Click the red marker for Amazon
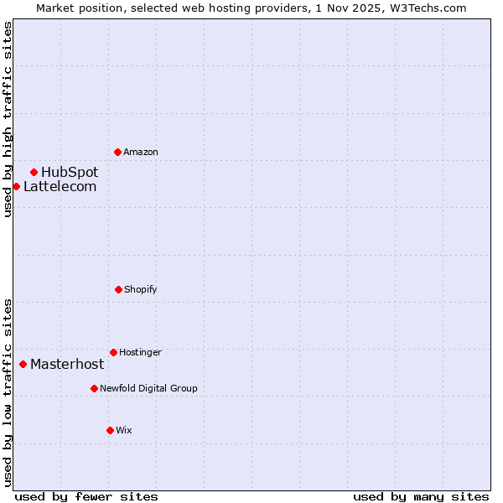pyautogui.click(x=117, y=152)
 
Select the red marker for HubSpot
pyautogui.click(x=34, y=172)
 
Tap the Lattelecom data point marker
pyautogui.click(x=16, y=186)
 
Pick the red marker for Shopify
pyautogui.click(x=118, y=289)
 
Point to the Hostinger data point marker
pyautogui.click(x=113, y=352)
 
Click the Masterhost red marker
pyautogui.click(x=23, y=364)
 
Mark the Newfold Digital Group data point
pyautogui.click(x=94, y=388)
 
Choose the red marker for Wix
pyautogui.click(x=110, y=430)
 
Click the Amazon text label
pyautogui.click(x=141, y=152)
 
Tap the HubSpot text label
pyautogui.click(x=70, y=172)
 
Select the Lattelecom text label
pyautogui.click(x=60, y=186)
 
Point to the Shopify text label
pyautogui.click(x=141, y=289)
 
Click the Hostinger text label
pyautogui.click(x=140, y=352)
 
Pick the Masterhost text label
pyautogui.click(x=67, y=364)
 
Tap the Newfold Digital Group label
pyautogui.click(x=148, y=388)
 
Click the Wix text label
pyautogui.click(x=124, y=430)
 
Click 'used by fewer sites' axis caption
pyautogui.click(x=86, y=496)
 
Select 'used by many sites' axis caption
pyautogui.click(x=421, y=496)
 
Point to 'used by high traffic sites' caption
pyautogui.click(x=8, y=119)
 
